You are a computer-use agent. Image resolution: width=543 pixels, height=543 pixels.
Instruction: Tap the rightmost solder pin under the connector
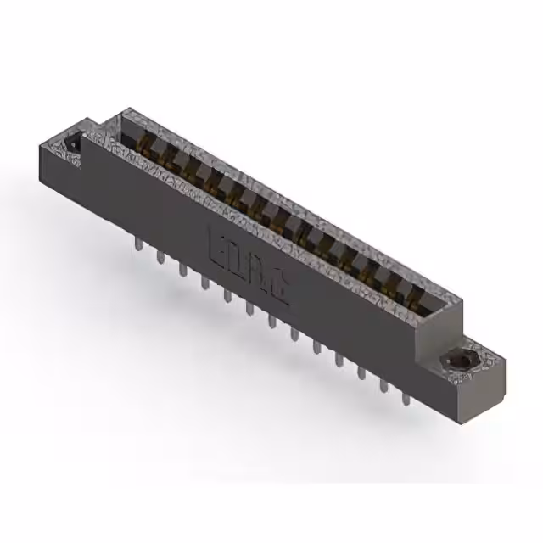click(x=406, y=395)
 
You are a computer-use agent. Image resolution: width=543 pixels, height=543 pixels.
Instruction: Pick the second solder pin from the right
click(x=383, y=383)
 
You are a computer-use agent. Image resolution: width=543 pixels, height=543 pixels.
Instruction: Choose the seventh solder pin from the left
click(x=271, y=321)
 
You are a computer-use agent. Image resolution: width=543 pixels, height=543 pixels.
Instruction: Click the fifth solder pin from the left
click(x=227, y=294)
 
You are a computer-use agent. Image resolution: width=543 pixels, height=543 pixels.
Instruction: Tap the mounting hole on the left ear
click(x=75, y=142)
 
